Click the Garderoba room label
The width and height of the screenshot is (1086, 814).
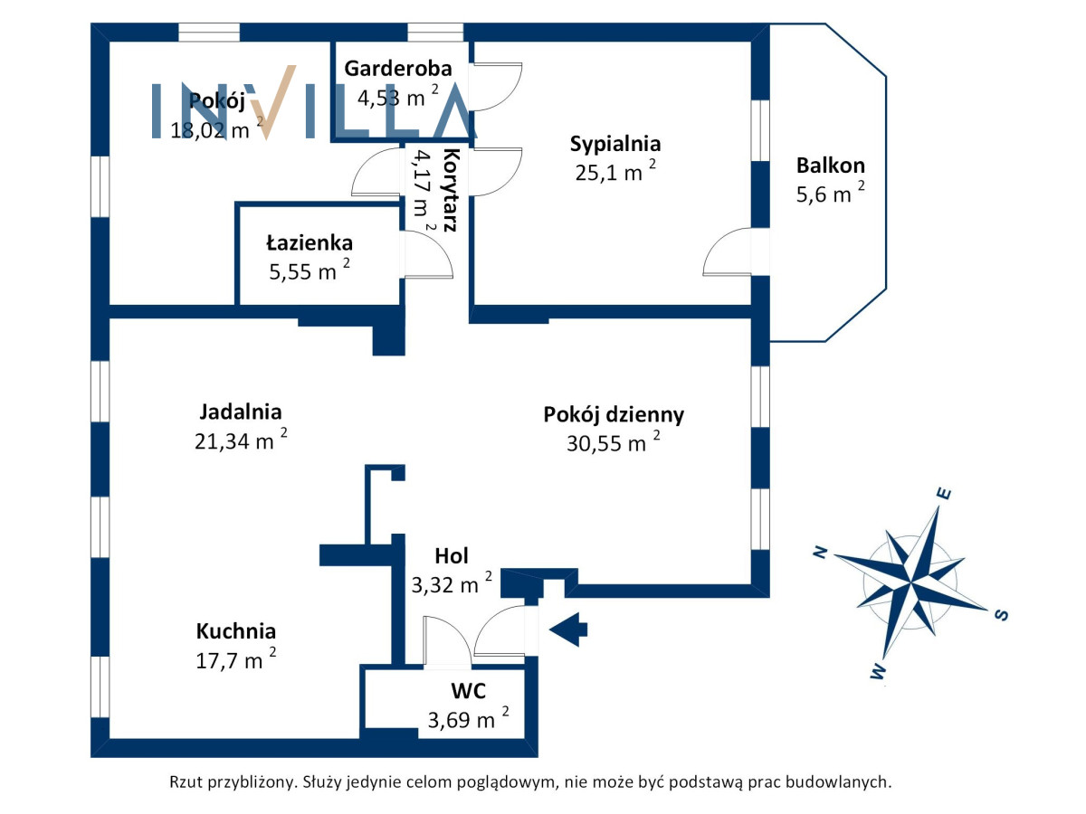click(398, 69)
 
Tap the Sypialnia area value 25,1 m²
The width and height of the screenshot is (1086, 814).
click(615, 171)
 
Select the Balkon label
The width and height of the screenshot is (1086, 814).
click(830, 166)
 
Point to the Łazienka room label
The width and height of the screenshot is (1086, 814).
click(310, 242)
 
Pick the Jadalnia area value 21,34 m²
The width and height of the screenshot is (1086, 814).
click(241, 440)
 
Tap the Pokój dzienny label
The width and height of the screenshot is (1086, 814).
click(614, 414)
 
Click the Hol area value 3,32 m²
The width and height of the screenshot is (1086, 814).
click(452, 583)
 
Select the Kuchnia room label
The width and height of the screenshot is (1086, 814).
click(236, 631)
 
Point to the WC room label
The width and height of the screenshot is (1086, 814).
click(468, 691)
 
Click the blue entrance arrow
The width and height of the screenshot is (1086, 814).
click(568, 629)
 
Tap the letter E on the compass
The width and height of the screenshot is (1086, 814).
click(944, 494)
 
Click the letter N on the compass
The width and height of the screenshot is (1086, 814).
click(820, 552)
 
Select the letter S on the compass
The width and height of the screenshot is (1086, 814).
click(1002, 615)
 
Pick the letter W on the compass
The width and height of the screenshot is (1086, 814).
click(878, 672)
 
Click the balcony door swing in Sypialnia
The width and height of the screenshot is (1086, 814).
click(727, 251)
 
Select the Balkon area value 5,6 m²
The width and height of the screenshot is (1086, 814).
click(830, 194)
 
